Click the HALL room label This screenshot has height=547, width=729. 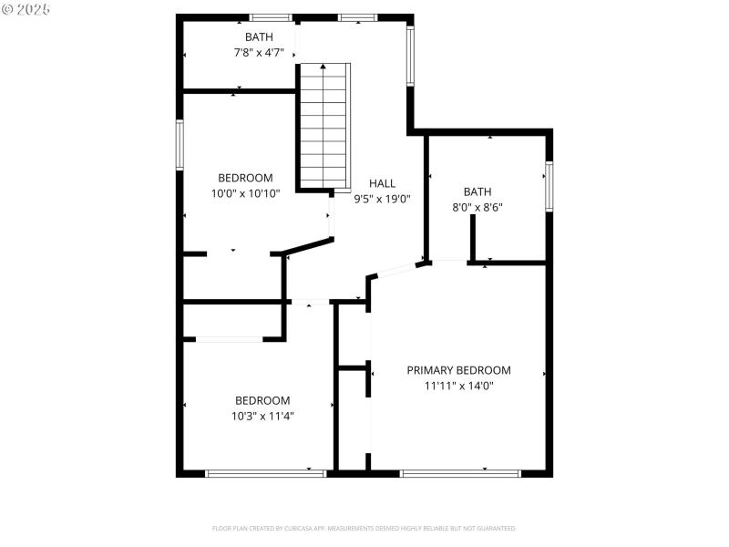[382, 183]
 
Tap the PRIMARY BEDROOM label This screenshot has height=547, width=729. [458, 370]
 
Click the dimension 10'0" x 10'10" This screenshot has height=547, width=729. [245, 193]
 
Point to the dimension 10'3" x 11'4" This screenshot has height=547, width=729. [263, 416]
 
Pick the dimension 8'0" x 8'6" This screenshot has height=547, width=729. [477, 207]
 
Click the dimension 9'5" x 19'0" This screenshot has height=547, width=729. [382, 198]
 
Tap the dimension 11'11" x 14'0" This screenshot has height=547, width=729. [458, 386]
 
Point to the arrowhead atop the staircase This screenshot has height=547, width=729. [323, 67]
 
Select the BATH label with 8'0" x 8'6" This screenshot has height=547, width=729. [477, 191]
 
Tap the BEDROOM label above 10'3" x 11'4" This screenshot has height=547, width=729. [263, 400]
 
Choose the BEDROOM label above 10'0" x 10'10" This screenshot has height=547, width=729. [245, 178]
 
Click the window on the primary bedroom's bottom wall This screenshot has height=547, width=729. [460, 473]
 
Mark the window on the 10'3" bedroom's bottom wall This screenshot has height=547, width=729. [265, 473]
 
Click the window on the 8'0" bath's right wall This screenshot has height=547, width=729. [549, 186]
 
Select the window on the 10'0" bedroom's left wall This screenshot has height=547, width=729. [180, 146]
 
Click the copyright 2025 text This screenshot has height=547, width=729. [26, 8]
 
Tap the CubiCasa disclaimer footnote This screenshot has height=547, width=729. [364, 529]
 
